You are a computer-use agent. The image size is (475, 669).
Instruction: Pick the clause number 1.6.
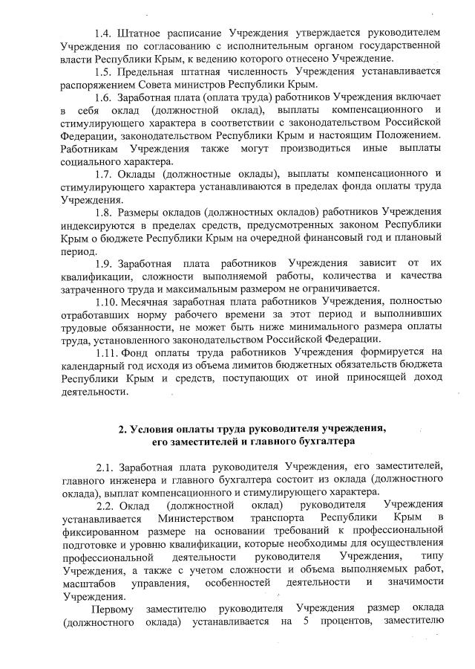pos(105,98)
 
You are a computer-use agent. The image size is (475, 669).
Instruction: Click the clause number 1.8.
pos(105,213)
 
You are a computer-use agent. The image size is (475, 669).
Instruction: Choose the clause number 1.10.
pos(107,303)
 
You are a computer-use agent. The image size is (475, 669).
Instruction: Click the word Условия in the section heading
pos(154,429)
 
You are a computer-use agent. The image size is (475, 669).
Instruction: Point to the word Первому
pos(112,610)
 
